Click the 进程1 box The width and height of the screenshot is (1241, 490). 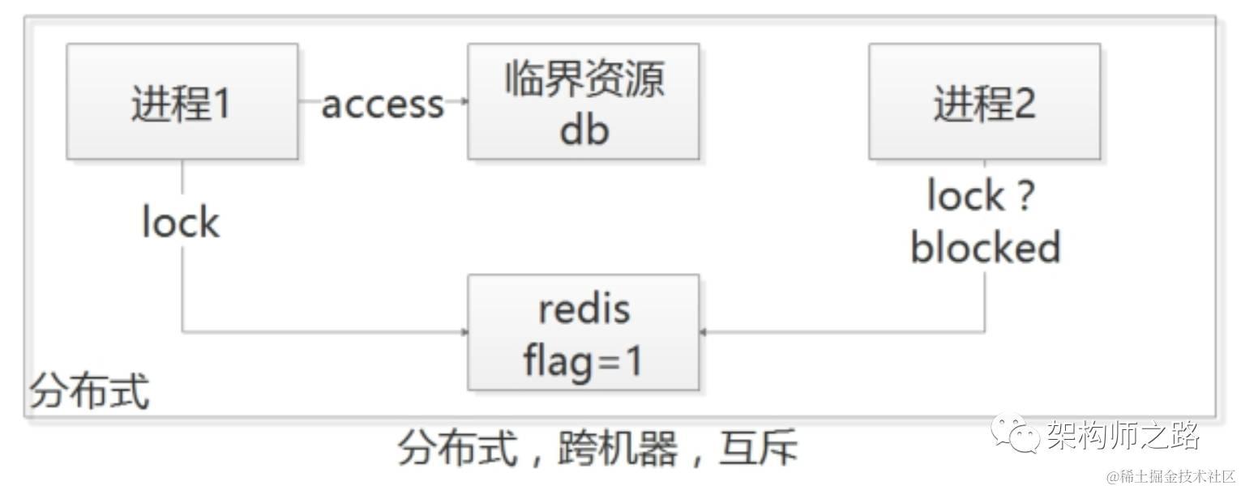(x=182, y=101)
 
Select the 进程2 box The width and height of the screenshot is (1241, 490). (x=984, y=101)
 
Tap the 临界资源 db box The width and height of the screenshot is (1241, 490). (x=583, y=101)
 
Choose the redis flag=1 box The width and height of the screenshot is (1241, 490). (x=583, y=332)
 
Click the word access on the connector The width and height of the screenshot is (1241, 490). (x=383, y=104)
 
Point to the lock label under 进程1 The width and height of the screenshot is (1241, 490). (x=180, y=223)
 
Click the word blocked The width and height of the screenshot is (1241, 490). (x=985, y=247)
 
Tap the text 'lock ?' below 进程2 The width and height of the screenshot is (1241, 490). (x=981, y=197)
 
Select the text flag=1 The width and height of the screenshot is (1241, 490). (x=583, y=361)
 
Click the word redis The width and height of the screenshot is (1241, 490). (x=584, y=309)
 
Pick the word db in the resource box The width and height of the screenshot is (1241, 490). (x=584, y=130)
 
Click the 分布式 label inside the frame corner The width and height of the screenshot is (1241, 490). (x=89, y=393)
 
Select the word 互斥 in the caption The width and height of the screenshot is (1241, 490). (x=758, y=448)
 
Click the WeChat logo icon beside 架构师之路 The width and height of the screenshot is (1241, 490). (x=1015, y=433)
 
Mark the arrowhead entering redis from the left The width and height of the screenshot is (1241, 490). (x=464, y=332)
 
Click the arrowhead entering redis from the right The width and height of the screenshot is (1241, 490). (x=704, y=332)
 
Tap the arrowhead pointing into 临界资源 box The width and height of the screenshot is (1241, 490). (x=464, y=101)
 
